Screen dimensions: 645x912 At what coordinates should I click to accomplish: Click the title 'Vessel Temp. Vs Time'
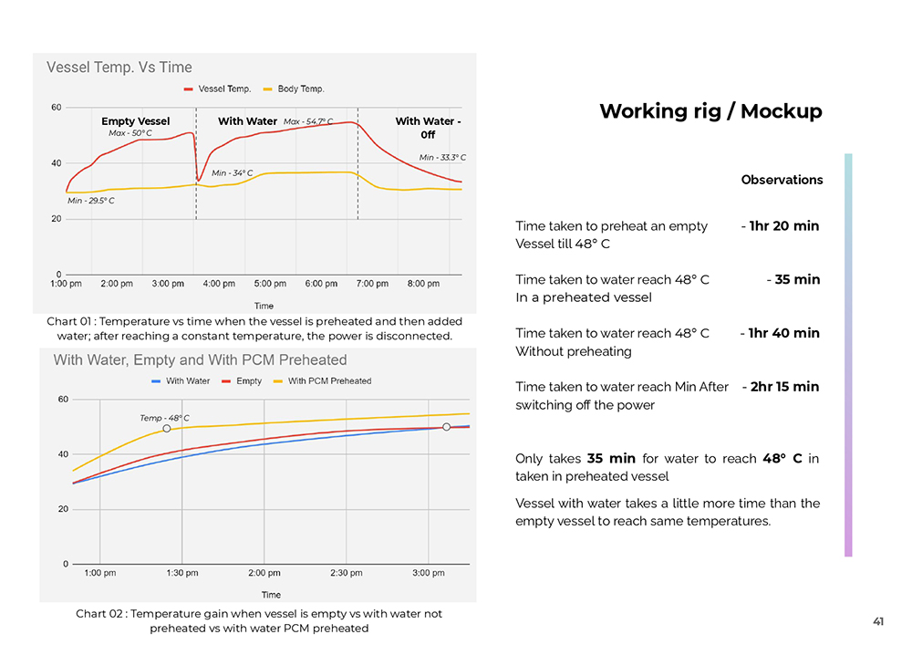119,68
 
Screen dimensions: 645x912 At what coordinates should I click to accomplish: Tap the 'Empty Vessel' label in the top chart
135,121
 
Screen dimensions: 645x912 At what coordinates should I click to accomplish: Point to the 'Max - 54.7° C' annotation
308,121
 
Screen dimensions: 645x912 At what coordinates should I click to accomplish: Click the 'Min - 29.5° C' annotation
91,201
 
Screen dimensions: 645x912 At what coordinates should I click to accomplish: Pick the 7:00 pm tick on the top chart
372,284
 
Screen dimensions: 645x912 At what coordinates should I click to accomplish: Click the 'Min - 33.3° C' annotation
442,158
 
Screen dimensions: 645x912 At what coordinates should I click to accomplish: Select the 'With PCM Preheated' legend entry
329,381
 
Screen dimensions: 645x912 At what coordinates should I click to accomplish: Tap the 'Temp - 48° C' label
164,418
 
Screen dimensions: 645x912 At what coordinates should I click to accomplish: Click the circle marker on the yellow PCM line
167,428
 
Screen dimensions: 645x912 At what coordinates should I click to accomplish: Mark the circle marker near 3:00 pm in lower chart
446,427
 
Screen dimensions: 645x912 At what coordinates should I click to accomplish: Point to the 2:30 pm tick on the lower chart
346,573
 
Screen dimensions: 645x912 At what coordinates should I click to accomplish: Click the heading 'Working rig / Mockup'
710,111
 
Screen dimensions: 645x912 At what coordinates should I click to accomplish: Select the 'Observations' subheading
782,180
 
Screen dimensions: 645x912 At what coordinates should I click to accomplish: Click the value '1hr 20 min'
784,226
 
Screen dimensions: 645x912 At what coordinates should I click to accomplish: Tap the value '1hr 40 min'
784,333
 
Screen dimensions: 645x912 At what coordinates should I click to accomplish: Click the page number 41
878,622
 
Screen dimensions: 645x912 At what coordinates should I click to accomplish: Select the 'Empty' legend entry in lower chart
248,381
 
